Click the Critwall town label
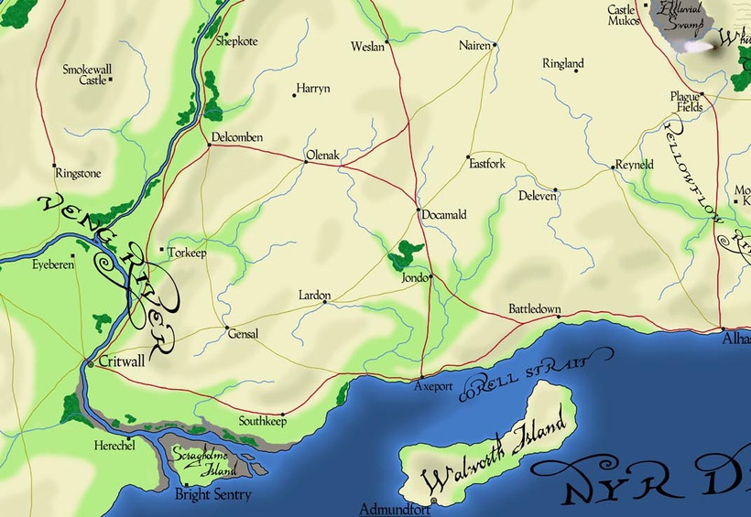121,361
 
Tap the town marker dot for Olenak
305,162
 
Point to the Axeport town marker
420,377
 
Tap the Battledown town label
535,309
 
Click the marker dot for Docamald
419,211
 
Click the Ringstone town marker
55,166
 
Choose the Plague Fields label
685,102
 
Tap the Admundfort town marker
433,501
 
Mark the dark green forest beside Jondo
404,255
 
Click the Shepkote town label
237,41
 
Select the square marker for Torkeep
162,248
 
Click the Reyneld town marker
612,167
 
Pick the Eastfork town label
487,165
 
